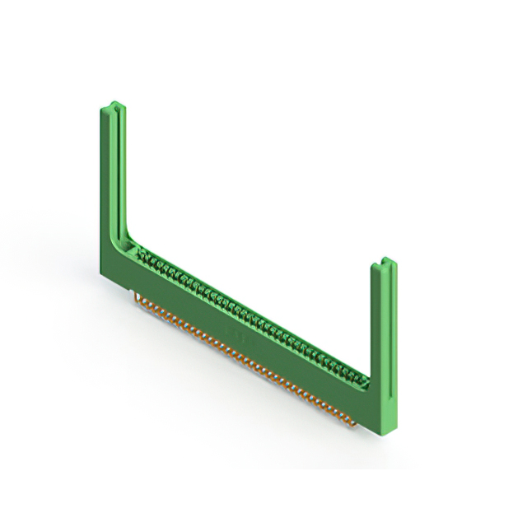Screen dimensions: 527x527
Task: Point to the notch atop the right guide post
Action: point(385,263)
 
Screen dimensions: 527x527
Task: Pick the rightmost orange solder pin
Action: point(356,422)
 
